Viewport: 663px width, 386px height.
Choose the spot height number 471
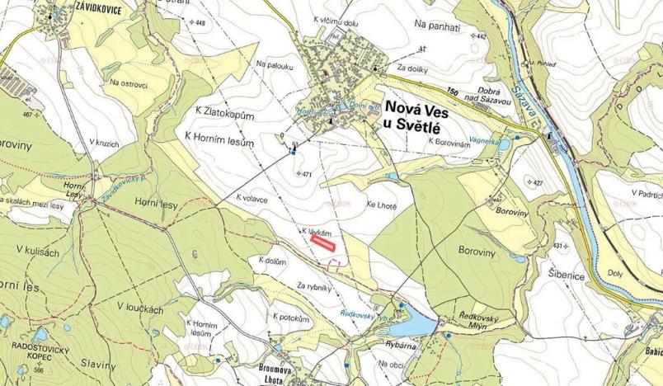(x=308, y=175)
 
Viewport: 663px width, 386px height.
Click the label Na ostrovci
(x=124, y=83)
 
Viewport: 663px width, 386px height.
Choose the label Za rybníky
(x=314, y=286)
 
